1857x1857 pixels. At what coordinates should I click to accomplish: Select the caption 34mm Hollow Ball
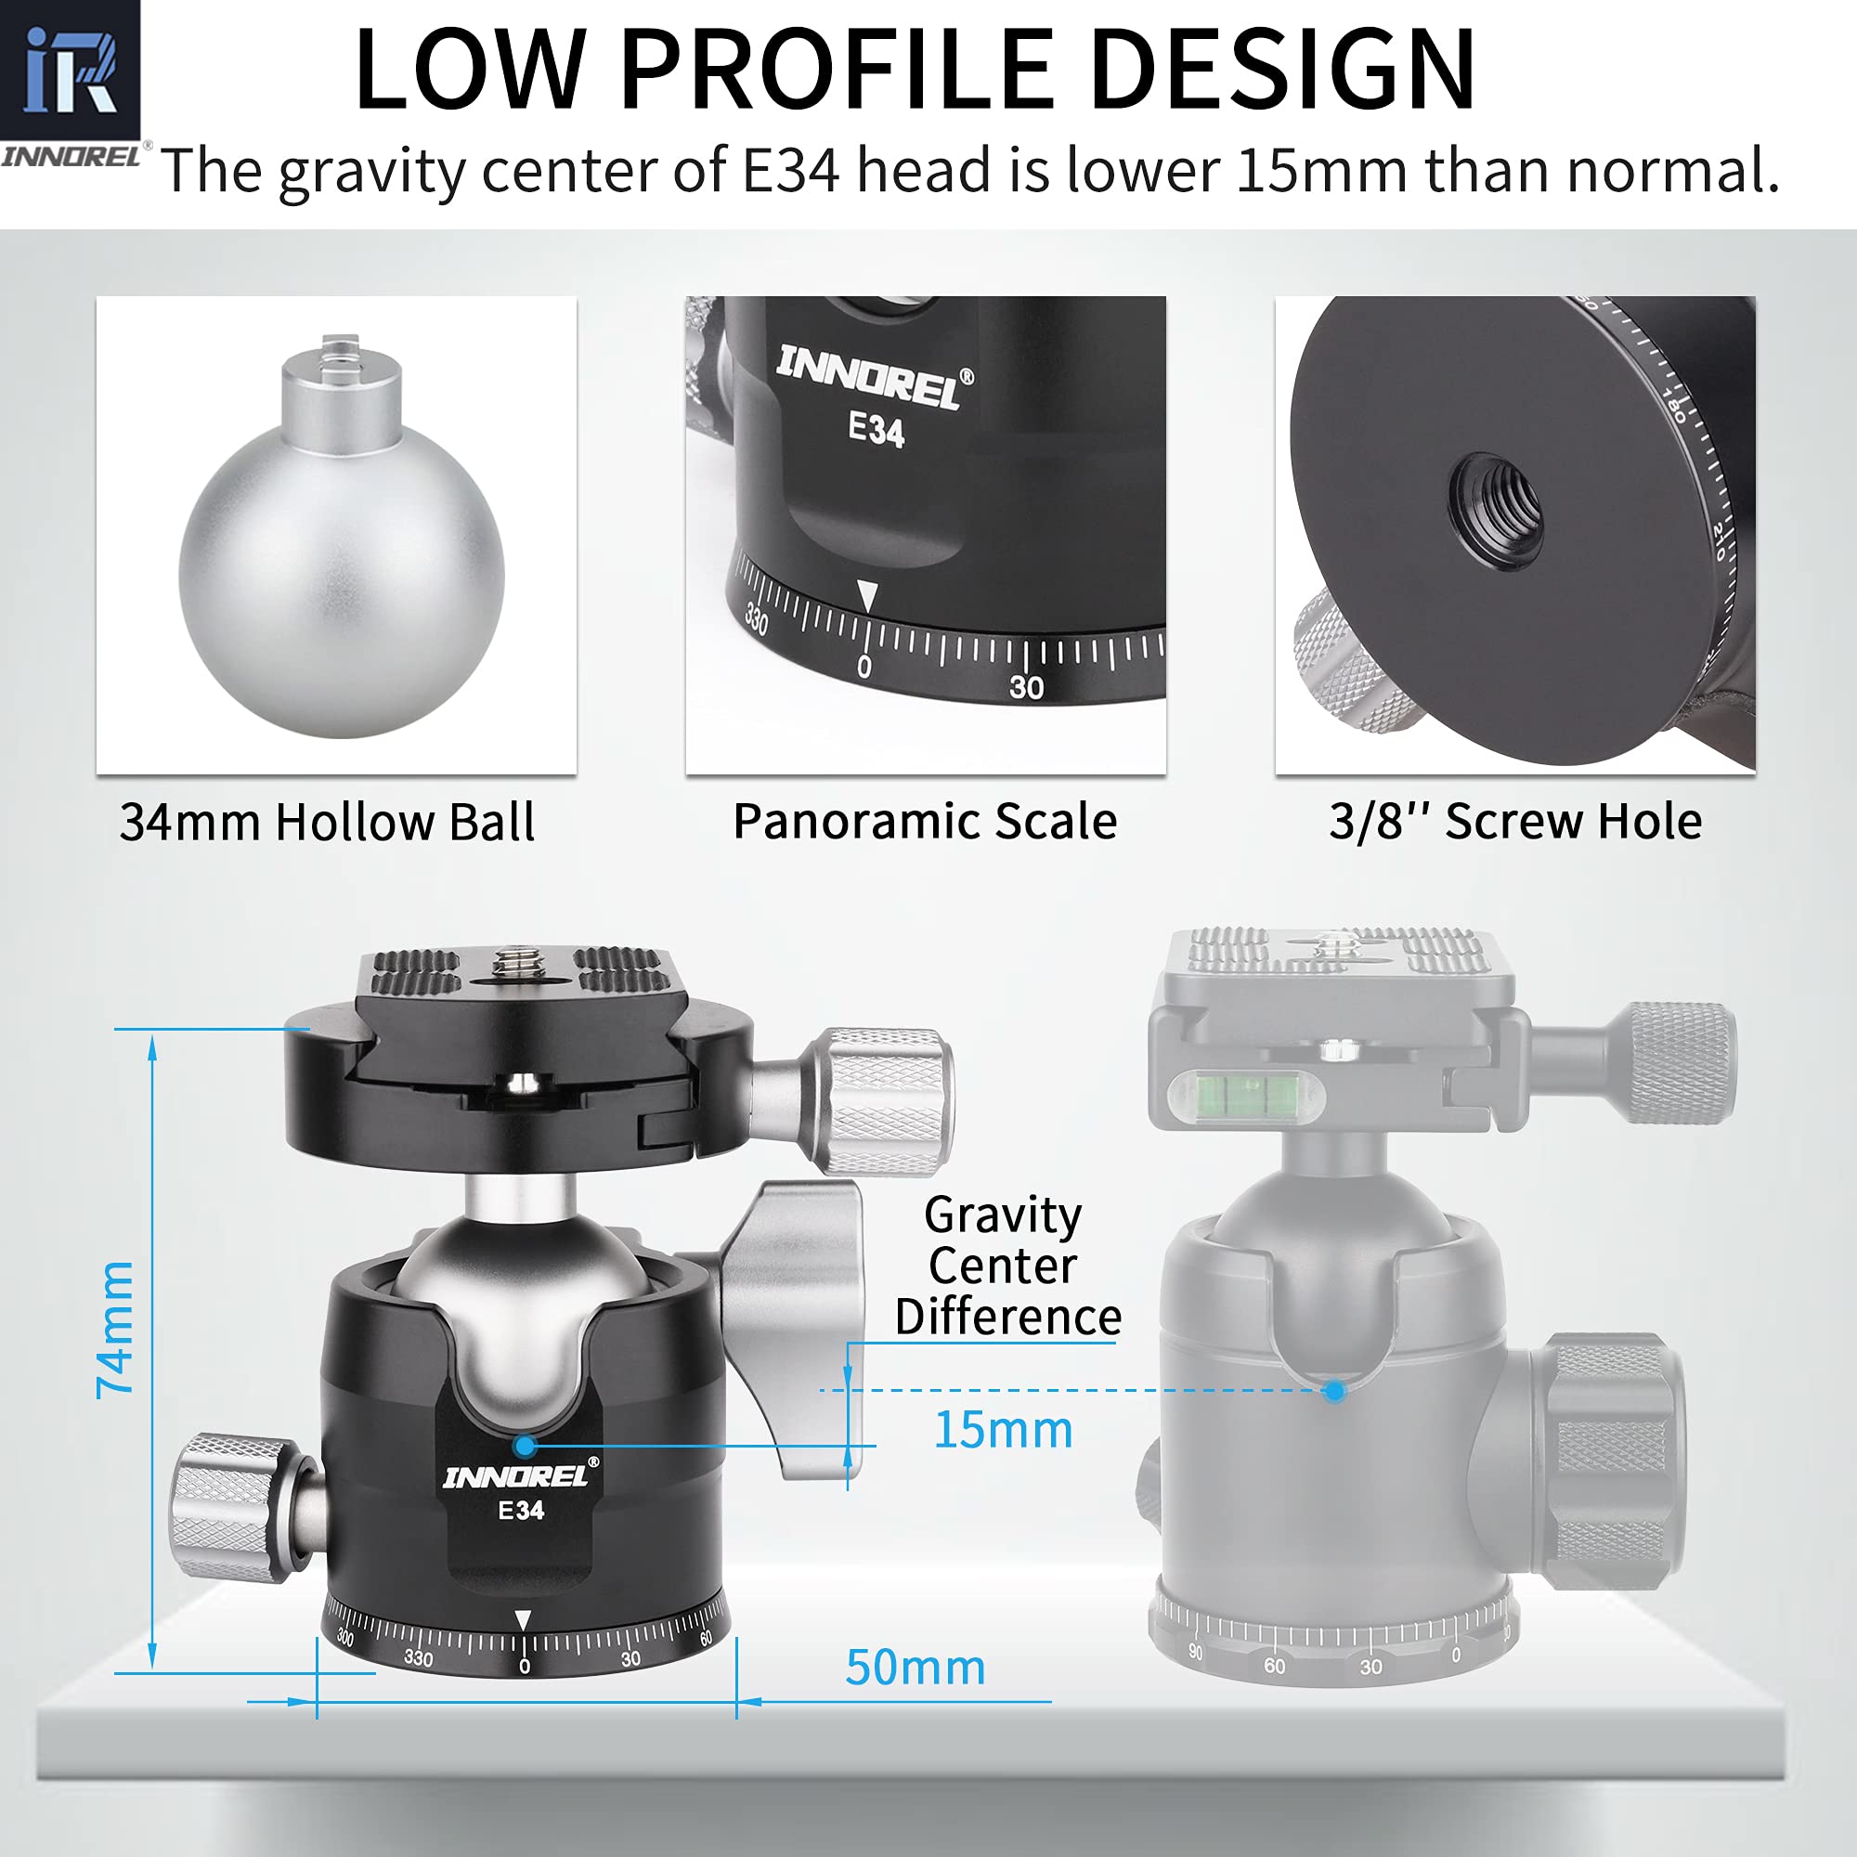pyautogui.click(x=327, y=823)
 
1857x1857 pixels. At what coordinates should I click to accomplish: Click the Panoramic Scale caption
pyautogui.click(x=925, y=822)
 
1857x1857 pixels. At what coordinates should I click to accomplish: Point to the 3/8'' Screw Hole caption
pyautogui.click(x=1514, y=822)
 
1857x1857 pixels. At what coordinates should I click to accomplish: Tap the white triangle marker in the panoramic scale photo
pyautogui.click(x=867, y=595)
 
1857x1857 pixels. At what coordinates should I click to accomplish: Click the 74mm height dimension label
pyautogui.click(x=114, y=1330)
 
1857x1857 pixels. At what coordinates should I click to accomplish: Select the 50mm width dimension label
pyautogui.click(x=916, y=1668)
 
